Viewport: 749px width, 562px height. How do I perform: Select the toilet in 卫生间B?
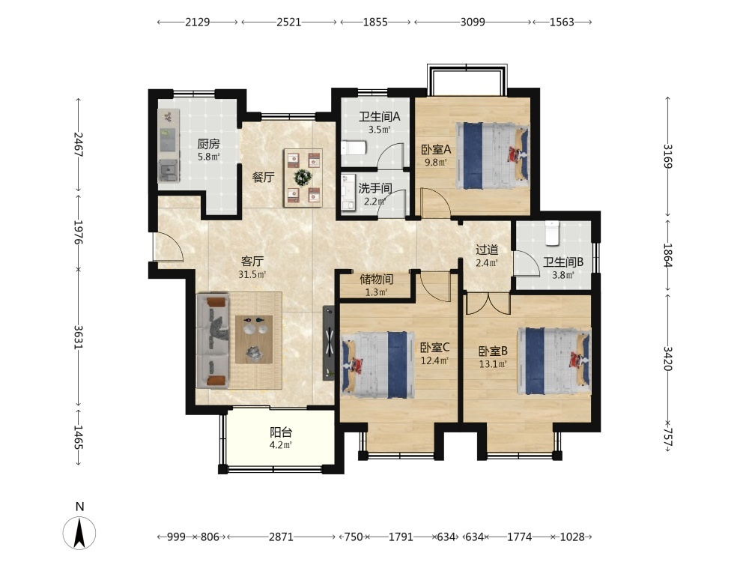[x=552, y=233]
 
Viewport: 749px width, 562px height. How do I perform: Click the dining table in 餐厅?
[x=303, y=178]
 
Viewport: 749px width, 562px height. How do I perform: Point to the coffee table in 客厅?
[x=254, y=339]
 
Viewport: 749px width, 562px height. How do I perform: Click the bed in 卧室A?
[x=493, y=156]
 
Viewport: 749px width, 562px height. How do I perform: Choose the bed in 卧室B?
[x=554, y=361]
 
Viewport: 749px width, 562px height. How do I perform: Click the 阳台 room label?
[x=281, y=432]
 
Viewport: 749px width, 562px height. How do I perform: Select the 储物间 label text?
[x=377, y=279]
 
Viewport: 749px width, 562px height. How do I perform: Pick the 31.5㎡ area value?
[x=252, y=274]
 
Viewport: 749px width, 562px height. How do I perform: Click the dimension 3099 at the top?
[x=473, y=22]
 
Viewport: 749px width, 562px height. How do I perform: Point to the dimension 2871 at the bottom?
[x=281, y=537]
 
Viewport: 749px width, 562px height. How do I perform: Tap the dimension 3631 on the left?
[x=79, y=337]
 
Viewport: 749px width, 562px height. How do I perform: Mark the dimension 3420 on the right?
[x=668, y=358]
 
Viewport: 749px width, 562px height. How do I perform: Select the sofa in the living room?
[x=213, y=341]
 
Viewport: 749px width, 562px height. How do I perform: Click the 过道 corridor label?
[x=487, y=250]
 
